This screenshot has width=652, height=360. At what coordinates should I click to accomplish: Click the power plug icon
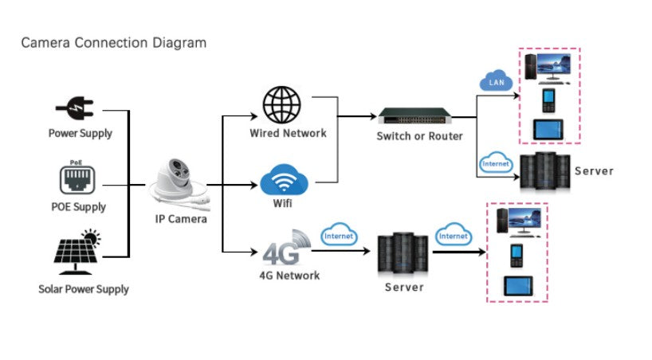(x=75, y=108)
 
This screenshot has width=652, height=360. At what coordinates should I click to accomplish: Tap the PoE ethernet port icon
(x=77, y=179)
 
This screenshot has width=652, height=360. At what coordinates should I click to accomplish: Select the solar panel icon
(x=77, y=252)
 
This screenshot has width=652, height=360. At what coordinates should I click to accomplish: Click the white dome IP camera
(x=179, y=185)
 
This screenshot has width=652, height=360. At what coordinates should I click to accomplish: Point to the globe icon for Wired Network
(x=281, y=105)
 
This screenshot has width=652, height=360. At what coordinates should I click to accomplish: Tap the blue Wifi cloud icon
(x=284, y=181)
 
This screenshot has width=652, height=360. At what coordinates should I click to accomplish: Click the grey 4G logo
(x=287, y=248)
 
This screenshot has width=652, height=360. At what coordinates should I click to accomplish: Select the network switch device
(x=414, y=116)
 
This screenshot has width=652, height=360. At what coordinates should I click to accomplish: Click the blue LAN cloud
(x=496, y=81)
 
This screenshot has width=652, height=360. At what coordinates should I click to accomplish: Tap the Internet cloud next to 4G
(x=339, y=234)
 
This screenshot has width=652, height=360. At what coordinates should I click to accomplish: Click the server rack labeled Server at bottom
(x=403, y=253)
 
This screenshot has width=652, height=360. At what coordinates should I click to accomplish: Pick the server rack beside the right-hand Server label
(x=545, y=172)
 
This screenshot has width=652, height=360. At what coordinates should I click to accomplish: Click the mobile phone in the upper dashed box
(x=548, y=100)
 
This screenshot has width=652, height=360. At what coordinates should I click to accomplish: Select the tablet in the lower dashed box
(x=518, y=286)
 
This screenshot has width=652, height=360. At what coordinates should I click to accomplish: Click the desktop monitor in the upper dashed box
(x=554, y=67)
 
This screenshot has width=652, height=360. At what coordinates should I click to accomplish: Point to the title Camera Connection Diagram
(x=113, y=43)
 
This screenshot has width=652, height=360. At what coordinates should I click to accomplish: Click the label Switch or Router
(x=419, y=136)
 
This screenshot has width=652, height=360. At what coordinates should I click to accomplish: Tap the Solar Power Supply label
(x=84, y=289)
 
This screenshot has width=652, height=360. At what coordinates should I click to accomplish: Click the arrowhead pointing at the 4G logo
(x=253, y=252)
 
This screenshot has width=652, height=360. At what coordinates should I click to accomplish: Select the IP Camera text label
(x=181, y=219)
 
